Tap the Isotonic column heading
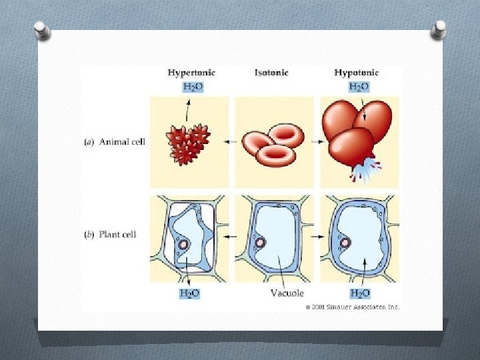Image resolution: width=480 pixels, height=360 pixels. [x=271, y=73]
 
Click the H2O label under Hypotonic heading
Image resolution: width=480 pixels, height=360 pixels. [x=359, y=87]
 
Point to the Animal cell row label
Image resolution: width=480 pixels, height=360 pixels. [x=114, y=141]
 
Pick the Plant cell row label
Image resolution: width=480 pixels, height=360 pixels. [x=111, y=234]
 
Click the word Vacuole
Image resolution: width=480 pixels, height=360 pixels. [x=287, y=293]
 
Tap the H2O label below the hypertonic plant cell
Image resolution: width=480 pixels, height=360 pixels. [x=189, y=293]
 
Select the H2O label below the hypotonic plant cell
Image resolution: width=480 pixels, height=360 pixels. [x=360, y=293]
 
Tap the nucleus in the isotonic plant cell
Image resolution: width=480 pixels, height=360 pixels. [x=259, y=243]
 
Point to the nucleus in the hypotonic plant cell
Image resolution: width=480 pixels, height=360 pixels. [x=345, y=243]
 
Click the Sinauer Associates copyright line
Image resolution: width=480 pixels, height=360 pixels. [x=353, y=307]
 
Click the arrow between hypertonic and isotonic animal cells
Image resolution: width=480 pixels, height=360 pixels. [x=233, y=141]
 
